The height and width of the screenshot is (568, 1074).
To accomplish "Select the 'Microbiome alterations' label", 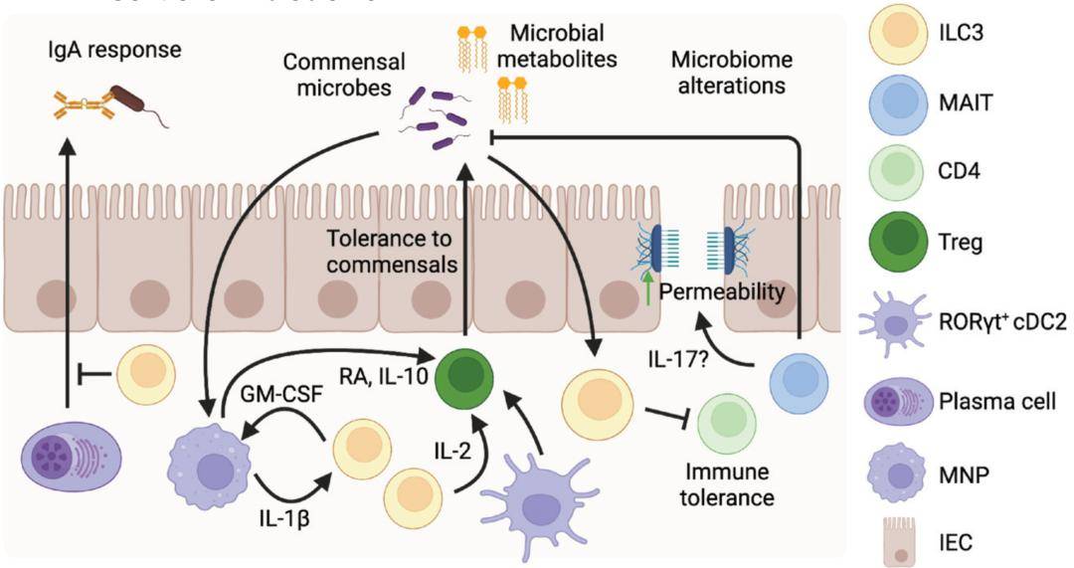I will [727, 72].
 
